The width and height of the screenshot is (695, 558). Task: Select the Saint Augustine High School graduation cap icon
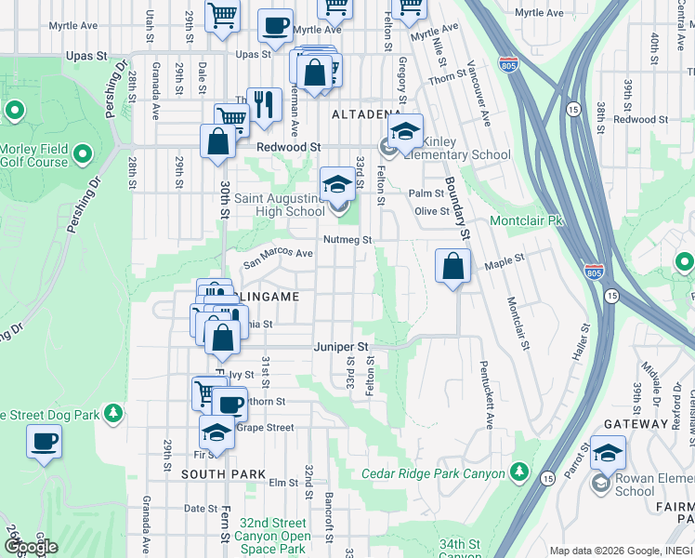coord(336,184)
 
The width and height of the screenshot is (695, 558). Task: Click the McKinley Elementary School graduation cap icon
coord(405,132)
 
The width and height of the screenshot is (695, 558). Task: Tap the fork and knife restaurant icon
coord(265,104)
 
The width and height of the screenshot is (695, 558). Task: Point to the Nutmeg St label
coord(347,240)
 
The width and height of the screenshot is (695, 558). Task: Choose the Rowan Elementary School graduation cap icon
coord(608,453)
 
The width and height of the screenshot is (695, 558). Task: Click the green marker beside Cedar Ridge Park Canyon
coord(519,474)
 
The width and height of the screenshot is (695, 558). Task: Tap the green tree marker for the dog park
coord(112,412)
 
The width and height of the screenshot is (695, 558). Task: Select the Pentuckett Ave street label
coord(486,394)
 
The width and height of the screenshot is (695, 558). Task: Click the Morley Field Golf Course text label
coord(34,156)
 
